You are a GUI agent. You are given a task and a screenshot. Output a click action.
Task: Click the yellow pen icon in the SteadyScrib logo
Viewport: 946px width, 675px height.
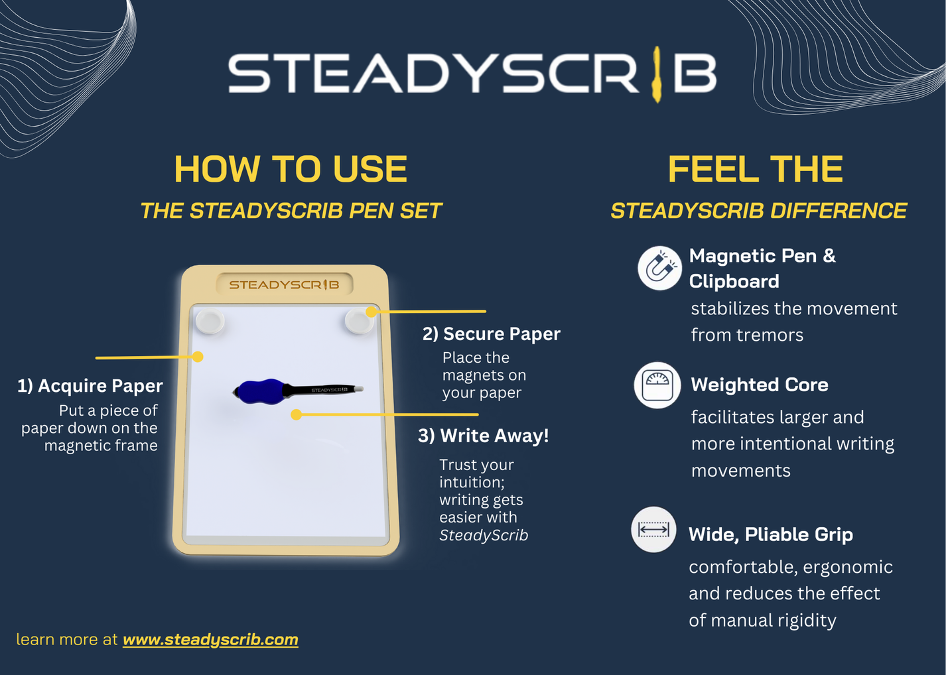click(657, 74)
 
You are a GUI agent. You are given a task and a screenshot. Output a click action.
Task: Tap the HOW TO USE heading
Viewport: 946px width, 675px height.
click(291, 169)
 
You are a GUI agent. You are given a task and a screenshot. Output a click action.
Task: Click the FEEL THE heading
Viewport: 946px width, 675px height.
click(755, 169)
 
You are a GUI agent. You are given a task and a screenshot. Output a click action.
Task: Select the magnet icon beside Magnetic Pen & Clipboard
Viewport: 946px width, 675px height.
click(659, 268)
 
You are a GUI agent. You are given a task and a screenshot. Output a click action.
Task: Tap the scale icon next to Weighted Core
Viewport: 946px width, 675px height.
click(657, 385)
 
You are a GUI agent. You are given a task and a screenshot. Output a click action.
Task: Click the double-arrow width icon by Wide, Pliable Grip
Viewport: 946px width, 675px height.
click(653, 530)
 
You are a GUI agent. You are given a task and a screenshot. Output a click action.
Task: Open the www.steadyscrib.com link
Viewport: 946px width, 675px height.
click(210, 640)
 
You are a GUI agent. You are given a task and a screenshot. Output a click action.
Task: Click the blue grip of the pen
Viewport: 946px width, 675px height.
click(259, 391)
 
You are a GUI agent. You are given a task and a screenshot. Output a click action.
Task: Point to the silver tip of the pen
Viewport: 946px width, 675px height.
click(358, 389)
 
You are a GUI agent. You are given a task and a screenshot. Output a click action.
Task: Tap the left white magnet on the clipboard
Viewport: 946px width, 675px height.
click(210, 322)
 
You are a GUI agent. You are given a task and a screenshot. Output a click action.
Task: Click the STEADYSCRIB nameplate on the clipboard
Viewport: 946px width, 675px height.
click(284, 284)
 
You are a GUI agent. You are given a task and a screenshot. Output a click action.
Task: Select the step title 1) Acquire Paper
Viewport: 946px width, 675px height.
click(90, 386)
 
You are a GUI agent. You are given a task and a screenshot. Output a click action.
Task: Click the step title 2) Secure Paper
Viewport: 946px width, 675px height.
click(492, 334)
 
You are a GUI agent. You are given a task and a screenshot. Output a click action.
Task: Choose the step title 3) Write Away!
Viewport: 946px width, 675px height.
click(484, 436)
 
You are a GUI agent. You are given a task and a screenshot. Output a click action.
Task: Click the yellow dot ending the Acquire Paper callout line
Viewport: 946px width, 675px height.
click(198, 357)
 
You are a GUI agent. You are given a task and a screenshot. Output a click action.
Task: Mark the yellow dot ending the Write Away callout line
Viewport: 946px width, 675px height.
click(297, 414)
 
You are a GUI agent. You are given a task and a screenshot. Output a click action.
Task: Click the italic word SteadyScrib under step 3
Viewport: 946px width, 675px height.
click(484, 536)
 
